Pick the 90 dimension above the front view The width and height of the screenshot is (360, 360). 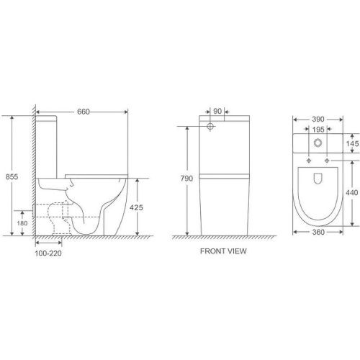pos(217,111)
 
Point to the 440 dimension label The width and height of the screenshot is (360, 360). pos(351,193)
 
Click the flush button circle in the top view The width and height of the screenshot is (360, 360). pos(318,143)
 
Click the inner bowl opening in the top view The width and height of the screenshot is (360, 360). pos(318,187)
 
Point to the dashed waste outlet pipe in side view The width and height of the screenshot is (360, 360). pos(54,216)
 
